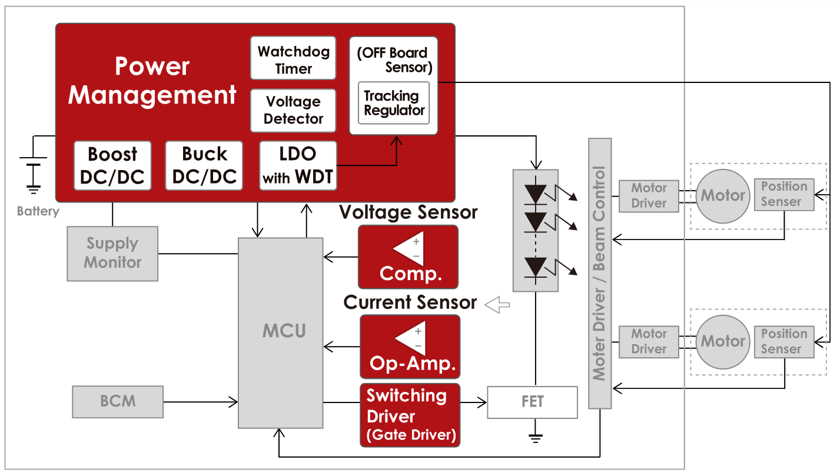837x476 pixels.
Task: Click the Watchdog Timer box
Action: point(293,58)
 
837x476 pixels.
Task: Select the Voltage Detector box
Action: point(293,110)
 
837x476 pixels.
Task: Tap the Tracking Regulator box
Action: point(394,103)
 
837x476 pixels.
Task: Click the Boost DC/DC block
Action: point(112,165)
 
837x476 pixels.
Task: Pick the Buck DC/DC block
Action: point(204,165)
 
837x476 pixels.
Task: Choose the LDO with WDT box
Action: point(298,165)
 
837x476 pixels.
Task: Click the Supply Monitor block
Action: point(112,253)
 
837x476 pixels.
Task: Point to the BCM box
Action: point(118,401)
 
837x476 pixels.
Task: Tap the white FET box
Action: point(532,402)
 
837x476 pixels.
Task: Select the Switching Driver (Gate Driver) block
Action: point(410,415)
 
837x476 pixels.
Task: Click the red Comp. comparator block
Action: point(408,257)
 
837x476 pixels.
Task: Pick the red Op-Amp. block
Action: point(410,347)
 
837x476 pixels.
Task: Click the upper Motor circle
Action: point(723,196)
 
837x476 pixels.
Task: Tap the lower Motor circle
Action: point(723,341)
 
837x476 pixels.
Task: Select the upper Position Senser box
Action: point(784,195)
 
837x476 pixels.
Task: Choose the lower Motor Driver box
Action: point(649,341)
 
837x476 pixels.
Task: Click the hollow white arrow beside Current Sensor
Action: point(497,304)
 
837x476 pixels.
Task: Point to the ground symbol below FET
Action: point(535,437)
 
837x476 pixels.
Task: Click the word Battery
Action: point(38,211)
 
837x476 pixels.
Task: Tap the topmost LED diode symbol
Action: point(535,193)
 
